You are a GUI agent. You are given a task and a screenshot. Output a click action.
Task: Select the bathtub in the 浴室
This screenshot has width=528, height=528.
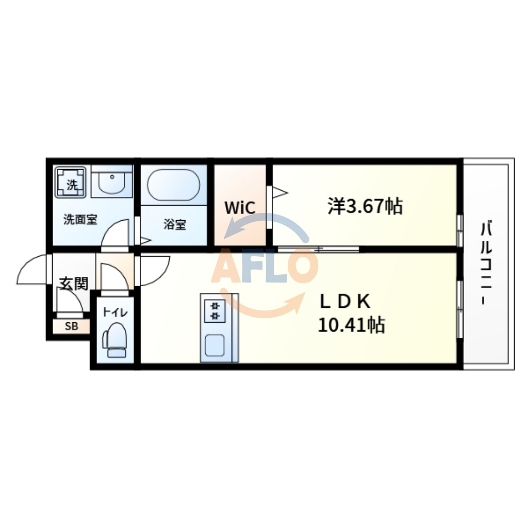[173, 185]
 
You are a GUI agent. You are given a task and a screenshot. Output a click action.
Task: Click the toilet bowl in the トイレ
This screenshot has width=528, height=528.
[115, 339]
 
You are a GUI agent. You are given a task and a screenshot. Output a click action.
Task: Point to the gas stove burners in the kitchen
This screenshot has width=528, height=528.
[215, 311]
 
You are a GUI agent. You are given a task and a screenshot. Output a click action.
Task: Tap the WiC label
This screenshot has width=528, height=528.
[240, 208]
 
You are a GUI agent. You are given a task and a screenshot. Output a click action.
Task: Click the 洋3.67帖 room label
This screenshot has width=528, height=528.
[365, 206]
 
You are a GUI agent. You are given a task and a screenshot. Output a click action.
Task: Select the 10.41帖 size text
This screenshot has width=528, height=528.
[351, 325]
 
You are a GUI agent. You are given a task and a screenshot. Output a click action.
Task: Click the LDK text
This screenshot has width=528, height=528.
[345, 301]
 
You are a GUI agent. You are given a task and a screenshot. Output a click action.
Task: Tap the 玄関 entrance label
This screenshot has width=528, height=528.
[74, 283]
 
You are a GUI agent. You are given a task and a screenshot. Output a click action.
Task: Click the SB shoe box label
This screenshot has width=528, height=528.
[71, 326]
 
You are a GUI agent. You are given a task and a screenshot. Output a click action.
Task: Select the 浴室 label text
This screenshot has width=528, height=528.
[175, 225]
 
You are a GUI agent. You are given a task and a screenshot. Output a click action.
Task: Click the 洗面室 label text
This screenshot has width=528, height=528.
[80, 220]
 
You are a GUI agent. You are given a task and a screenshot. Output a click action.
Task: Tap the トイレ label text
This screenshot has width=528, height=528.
[115, 312]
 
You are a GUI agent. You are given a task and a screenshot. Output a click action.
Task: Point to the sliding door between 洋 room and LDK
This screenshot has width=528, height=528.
[318, 250]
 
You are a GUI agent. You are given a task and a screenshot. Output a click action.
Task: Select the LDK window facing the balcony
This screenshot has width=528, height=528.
[459, 309]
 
